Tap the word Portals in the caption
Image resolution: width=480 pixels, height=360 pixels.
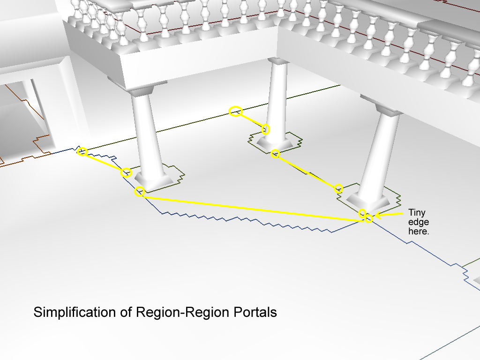[255, 312]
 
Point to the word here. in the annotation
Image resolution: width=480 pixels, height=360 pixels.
[419, 231]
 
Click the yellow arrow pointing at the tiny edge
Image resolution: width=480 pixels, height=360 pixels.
[389, 215]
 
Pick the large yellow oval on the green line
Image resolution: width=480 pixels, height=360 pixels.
[236, 111]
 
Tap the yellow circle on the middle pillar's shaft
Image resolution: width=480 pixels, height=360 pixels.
[265, 129]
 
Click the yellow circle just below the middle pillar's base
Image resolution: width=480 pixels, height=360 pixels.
[275, 153]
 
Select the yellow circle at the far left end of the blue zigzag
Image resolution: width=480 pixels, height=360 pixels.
[82, 151]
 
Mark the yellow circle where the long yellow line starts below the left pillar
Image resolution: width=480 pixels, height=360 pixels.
[139, 191]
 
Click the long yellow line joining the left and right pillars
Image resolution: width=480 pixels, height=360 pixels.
[254, 209]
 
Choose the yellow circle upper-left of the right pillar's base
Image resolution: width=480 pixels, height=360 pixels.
[338, 188]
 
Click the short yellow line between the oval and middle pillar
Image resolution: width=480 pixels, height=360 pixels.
[250, 120]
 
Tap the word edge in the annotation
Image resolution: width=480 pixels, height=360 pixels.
[419, 222]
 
